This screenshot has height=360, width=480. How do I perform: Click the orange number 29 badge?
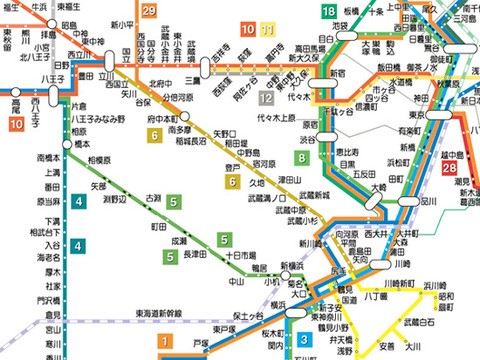(149, 12)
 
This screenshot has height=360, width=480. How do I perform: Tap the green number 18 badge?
(329, 12)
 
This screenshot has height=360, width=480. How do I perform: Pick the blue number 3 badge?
(304, 339)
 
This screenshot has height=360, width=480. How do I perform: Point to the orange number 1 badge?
(165, 341)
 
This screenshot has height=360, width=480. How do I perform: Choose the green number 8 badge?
(301, 159)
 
